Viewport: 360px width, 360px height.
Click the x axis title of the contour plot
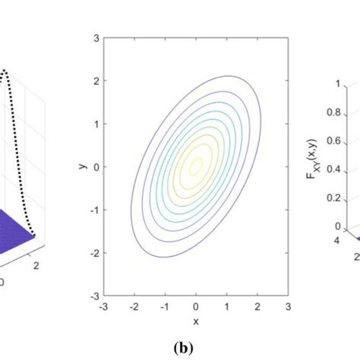(195, 321)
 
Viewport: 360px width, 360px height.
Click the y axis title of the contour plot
(82, 166)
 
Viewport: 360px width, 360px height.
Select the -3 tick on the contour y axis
(93, 295)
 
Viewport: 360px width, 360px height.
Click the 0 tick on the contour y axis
(95, 165)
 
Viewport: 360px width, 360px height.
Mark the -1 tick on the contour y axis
(93, 208)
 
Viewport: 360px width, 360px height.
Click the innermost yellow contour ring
(196, 163)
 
